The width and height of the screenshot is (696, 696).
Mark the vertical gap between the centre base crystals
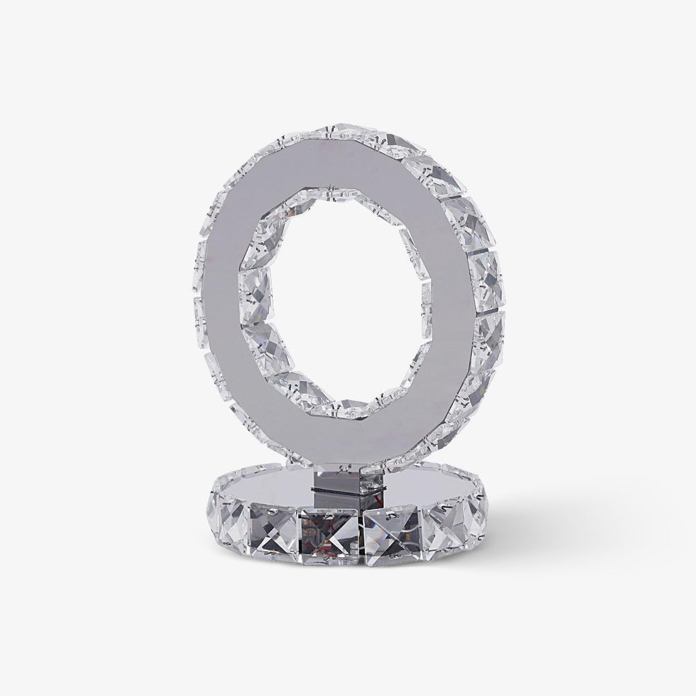tap(362, 528)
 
